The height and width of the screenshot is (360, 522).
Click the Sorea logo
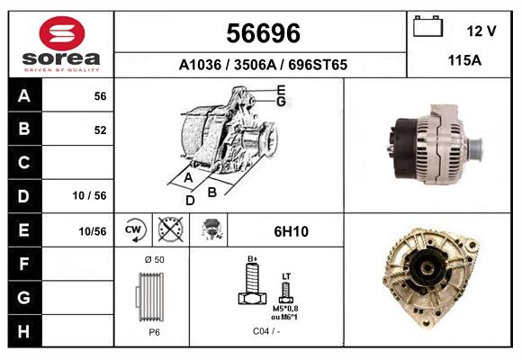[x=61, y=43]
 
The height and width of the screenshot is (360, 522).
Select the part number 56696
[x=262, y=33]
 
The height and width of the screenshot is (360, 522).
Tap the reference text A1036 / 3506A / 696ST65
[x=263, y=65]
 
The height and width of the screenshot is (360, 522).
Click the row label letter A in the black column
[x=24, y=96]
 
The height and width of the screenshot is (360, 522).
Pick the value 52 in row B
[x=100, y=130]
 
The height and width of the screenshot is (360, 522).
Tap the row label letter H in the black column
[x=24, y=330]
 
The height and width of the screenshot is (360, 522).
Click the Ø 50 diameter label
[x=154, y=260]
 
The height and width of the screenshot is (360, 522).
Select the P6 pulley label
[x=154, y=332]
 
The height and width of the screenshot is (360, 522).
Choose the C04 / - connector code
[x=265, y=332]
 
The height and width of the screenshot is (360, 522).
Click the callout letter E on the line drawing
[x=282, y=89]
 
